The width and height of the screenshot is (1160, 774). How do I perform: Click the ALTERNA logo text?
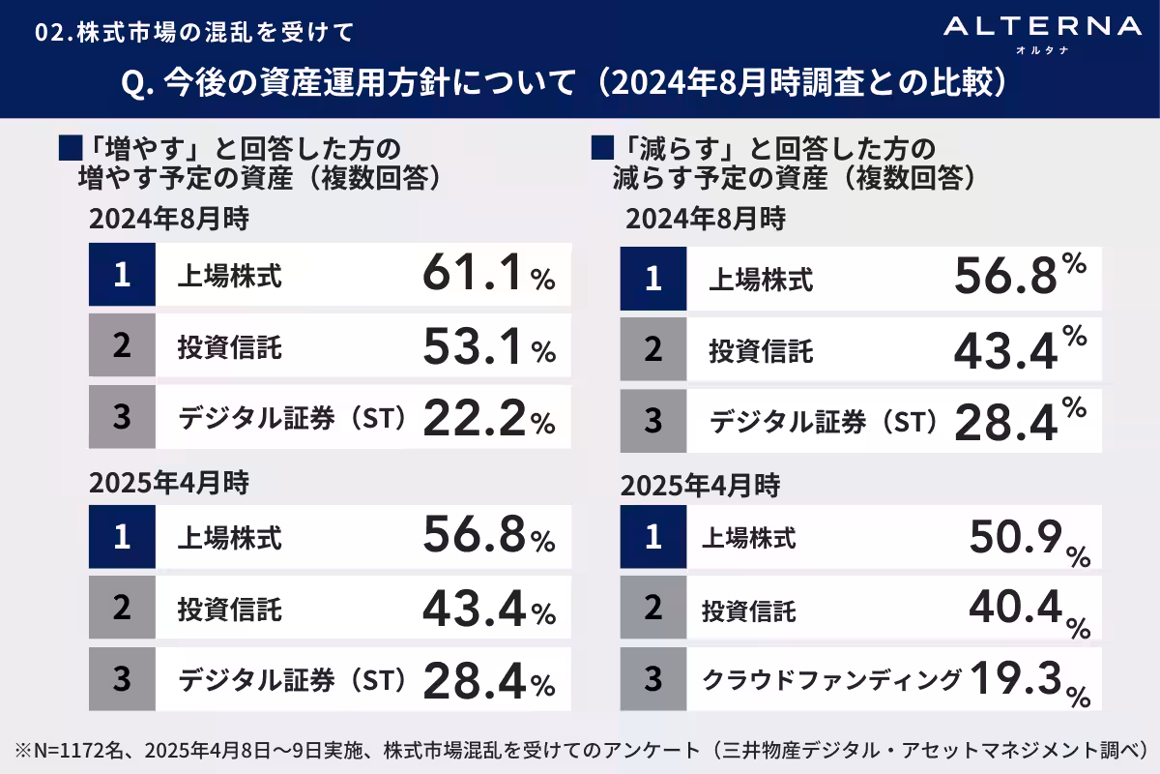click(1042, 27)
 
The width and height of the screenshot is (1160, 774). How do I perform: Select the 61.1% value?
click(488, 276)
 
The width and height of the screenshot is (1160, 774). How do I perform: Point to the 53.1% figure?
click(488, 347)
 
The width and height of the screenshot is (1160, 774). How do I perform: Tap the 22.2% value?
click(488, 419)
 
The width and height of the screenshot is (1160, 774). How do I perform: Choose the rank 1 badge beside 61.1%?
click(122, 276)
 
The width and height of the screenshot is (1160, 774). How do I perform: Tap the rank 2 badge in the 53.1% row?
click(122, 347)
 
